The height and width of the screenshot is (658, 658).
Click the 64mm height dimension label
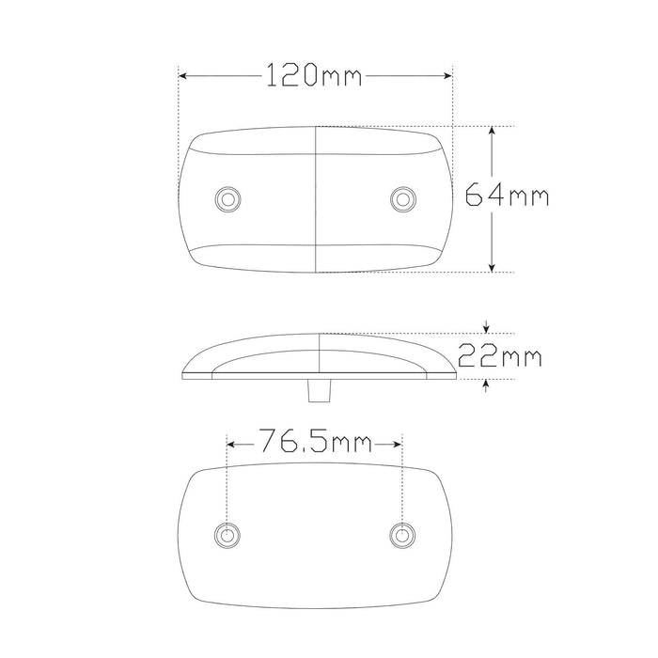click(x=508, y=196)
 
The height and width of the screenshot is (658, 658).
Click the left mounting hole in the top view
click(x=226, y=197)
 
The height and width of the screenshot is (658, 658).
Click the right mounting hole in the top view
click(x=403, y=197)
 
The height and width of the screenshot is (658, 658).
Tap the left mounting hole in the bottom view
click(x=226, y=535)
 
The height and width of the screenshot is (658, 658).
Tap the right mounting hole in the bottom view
click(x=402, y=535)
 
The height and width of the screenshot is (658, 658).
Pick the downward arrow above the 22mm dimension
click(x=485, y=328)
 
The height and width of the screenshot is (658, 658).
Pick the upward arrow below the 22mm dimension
click(x=485, y=384)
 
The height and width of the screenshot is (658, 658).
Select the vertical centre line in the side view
click(x=320, y=354)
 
